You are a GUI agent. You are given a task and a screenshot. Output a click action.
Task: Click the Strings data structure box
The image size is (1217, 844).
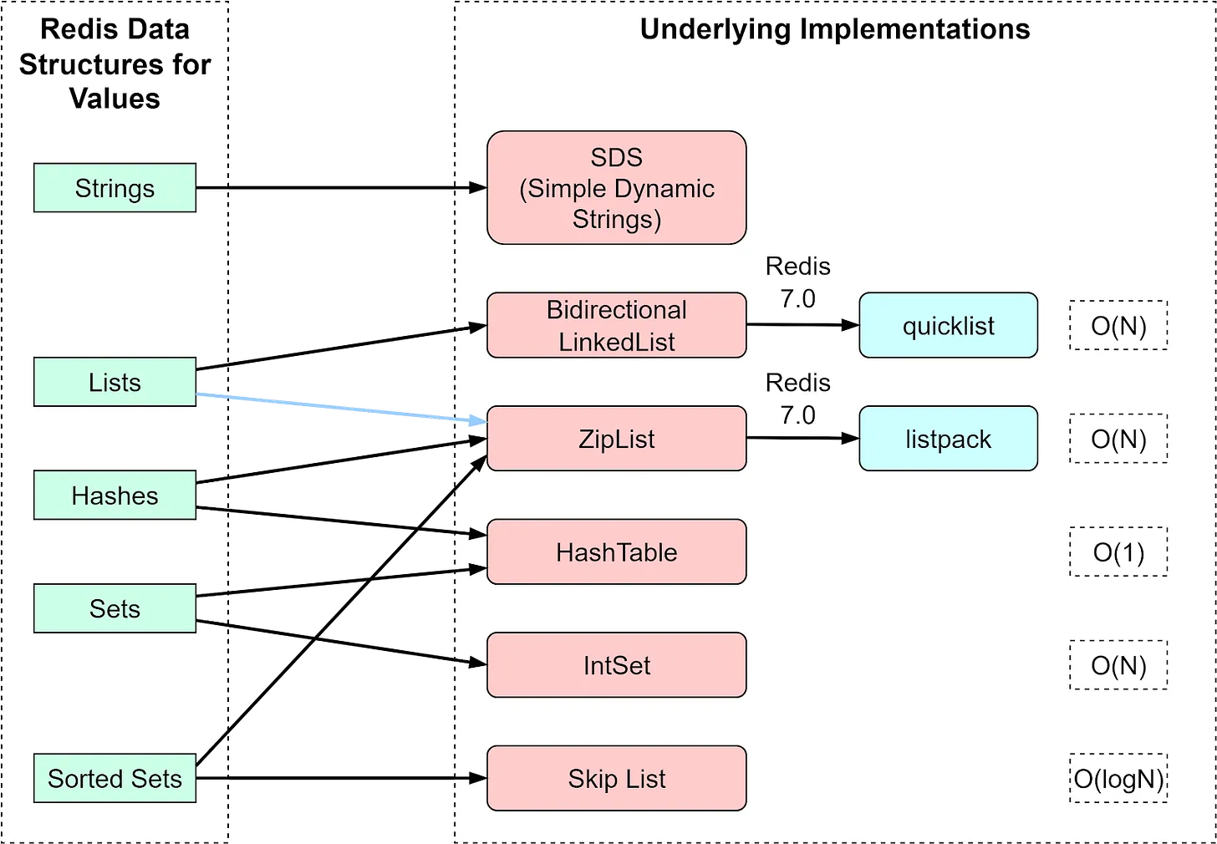tap(115, 188)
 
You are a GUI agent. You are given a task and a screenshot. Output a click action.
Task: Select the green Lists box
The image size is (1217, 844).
tap(115, 382)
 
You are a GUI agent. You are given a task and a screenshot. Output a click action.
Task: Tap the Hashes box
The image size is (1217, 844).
tap(115, 495)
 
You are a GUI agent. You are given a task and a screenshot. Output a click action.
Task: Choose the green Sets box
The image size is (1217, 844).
tap(115, 608)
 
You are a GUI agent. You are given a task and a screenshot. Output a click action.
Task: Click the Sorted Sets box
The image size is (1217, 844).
tap(115, 778)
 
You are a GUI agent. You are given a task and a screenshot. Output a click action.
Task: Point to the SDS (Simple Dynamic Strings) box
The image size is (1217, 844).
tap(617, 188)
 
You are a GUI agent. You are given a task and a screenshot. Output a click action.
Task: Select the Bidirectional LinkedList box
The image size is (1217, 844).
tap(617, 325)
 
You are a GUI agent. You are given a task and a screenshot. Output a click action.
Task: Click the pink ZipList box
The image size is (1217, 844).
tap(617, 438)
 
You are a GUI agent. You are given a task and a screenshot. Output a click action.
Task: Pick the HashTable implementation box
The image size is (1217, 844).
tap(617, 552)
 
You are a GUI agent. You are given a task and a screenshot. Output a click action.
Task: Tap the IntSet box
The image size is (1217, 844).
tap(617, 665)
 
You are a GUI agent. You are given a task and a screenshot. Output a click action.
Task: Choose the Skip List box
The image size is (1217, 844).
tap(617, 778)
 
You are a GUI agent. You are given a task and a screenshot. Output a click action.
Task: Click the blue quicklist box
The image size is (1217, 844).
tap(948, 325)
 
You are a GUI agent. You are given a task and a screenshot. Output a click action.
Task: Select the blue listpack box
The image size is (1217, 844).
tap(948, 438)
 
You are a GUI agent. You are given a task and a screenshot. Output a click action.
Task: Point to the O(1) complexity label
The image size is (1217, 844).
tap(1118, 552)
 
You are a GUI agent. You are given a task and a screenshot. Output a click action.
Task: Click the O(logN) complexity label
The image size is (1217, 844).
tap(1118, 778)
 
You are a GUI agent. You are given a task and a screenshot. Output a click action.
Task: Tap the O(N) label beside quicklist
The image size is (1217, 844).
tap(1118, 325)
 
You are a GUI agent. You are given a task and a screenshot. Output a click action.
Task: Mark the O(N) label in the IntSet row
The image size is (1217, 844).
tap(1118, 665)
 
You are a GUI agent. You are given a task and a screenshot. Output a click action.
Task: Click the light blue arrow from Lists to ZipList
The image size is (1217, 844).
tap(341, 408)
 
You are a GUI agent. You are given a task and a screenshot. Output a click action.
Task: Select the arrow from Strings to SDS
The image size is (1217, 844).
tap(341, 188)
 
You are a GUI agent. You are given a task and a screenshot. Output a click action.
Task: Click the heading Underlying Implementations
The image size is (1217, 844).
tap(835, 28)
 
